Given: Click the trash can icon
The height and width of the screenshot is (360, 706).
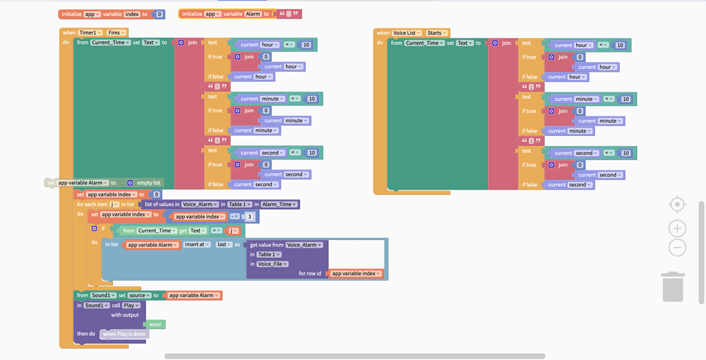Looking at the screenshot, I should pyautogui.click(x=672, y=286).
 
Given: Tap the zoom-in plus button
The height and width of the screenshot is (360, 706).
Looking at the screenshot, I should pyautogui.click(x=677, y=228).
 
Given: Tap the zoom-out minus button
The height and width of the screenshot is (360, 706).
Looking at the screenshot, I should pyautogui.click(x=677, y=248).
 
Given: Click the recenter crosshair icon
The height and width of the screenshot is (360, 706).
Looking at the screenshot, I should pyautogui.click(x=677, y=205).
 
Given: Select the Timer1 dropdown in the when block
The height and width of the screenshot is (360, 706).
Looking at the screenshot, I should pyautogui.click(x=90, y=32).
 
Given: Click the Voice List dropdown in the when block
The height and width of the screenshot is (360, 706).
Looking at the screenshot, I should pyautogui.click(x=407, y=32).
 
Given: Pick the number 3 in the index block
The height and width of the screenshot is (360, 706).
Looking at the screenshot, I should pyautogui.click(x=250, y=217).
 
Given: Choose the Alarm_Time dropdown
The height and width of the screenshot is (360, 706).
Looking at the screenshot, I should pyautogui.click(x=280, y=204).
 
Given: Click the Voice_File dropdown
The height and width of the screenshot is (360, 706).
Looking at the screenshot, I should pyautogui.click(x=272, y=264).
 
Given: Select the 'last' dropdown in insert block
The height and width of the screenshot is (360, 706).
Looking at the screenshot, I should pyautogui.click(x=223, y=245).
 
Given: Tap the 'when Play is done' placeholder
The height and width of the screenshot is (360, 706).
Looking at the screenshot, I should pyautogui.click(x=124, y=334).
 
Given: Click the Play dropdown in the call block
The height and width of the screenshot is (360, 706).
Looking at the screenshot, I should pyautogui.click(x=132, y=305).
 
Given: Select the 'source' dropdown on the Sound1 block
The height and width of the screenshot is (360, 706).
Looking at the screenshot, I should pyautogui.click(x=139, y=295).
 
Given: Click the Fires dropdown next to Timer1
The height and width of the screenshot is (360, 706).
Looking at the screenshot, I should pyautogui.click(x=116, y=32).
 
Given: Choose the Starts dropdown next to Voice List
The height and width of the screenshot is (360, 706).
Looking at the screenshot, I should pyautogui.click(x=436, y=32).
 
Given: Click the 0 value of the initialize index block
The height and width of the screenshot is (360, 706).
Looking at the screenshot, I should pyautogui.click(x=159, y=14).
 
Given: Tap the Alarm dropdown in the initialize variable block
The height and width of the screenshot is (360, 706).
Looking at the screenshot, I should pyautogui.click(x=252, y=14).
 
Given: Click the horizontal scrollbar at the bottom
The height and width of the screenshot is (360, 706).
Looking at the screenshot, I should pyautogui.click(x=354, y=357).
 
